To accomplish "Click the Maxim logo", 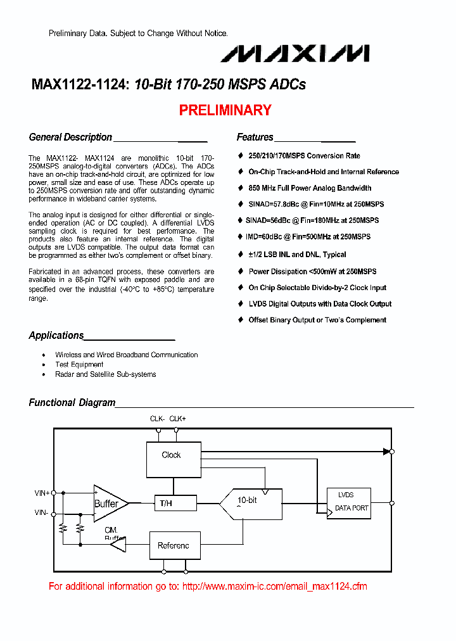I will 294,54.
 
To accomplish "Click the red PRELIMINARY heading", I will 225,110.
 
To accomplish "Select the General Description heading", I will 70,137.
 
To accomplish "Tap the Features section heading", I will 255,137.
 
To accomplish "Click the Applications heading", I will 56,336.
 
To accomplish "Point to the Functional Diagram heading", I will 72,403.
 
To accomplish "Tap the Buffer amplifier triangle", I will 109,504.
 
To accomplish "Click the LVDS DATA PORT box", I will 348,503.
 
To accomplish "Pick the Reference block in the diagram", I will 173,545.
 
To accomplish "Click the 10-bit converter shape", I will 250,504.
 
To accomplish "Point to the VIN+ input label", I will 42,492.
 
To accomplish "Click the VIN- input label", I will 41,514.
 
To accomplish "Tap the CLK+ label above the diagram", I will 178,419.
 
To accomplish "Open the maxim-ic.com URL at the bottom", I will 275,587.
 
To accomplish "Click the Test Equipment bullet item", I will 79,365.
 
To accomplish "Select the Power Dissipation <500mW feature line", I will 312,272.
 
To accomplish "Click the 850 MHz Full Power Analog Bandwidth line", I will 310,188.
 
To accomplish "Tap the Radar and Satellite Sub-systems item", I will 105,374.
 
